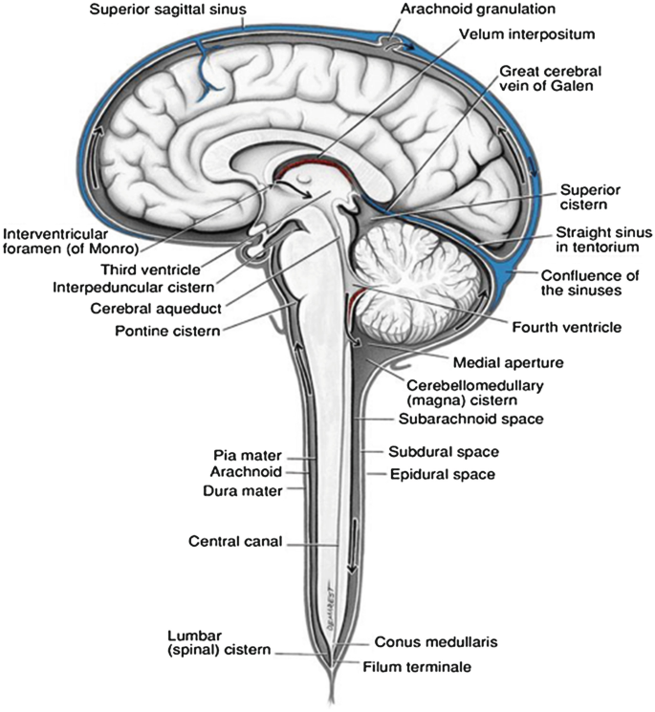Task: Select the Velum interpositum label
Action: (x=540, y=33)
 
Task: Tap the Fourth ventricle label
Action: (x=565, y=328)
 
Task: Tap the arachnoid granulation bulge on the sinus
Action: (x=391, y=42)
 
